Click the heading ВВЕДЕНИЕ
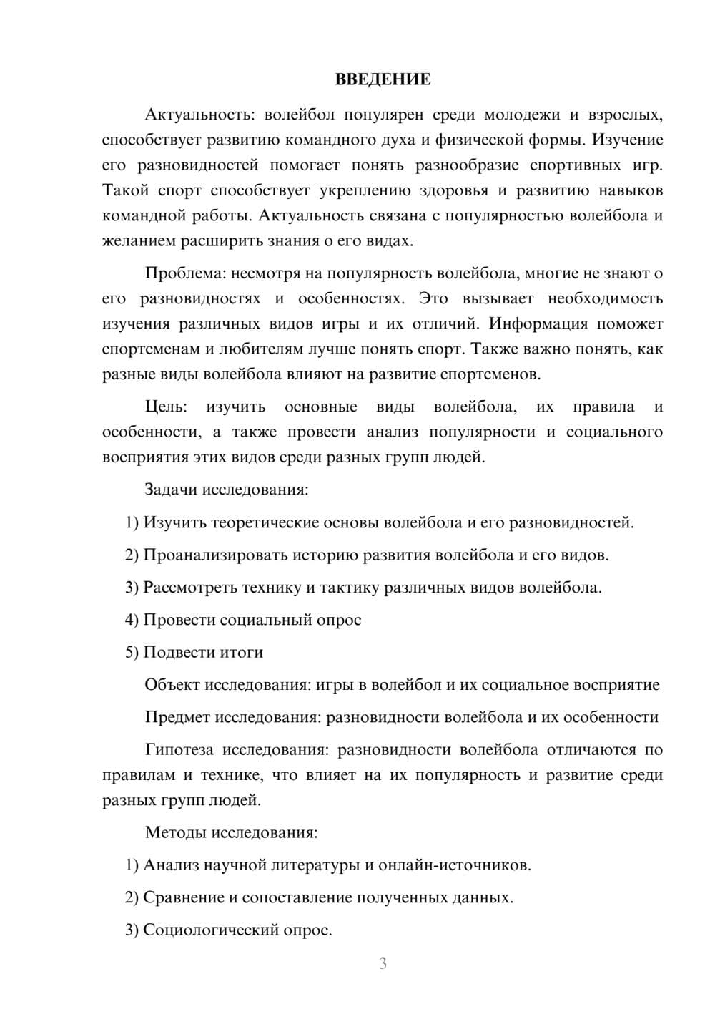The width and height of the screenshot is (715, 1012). tap(383, 79)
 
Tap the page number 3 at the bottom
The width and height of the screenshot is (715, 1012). tap(383, 963)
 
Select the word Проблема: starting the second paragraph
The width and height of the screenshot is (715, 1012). tap(180, 273)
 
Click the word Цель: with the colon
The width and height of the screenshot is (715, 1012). tap(166, 407)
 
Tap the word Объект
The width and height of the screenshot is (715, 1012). tap(172, 684)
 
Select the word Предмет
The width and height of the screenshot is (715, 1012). tap(177, 717)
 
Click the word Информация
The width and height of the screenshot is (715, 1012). tap(537, 323)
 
